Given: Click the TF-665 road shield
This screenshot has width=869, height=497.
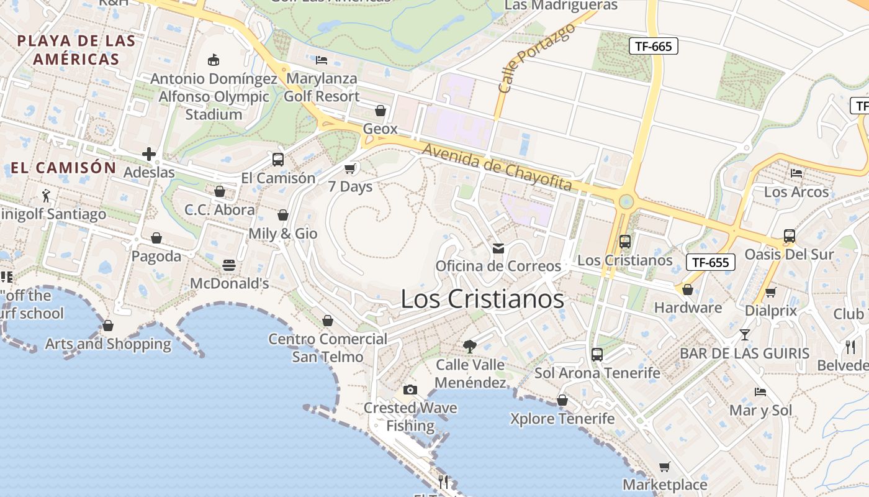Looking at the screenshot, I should (x=654, y=46).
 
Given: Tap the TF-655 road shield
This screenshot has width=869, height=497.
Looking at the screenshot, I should (x=711, y=262).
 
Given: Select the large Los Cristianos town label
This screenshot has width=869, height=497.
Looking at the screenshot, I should (x=482, y=299).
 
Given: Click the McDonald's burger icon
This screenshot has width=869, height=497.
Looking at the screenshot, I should (x=229, y=265).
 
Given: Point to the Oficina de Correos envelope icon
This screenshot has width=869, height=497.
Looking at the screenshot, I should (x=498, y=248).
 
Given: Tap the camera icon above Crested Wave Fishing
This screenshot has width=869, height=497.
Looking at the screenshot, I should (x=410, y=390).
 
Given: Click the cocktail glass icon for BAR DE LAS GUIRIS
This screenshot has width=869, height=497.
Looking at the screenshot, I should (x=745, y=335).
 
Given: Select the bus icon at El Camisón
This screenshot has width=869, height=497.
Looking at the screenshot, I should (x=278, y=160).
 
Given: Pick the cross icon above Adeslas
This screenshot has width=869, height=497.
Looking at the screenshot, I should (x=148, y=154).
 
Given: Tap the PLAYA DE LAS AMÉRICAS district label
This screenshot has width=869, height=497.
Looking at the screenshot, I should (x=76, y=50).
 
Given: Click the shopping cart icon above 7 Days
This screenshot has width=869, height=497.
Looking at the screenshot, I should (x=350, y=168).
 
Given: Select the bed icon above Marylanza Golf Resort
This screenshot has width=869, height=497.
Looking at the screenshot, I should (x=322, y=60).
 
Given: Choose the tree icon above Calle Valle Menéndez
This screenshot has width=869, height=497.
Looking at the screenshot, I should (x=470, y=346).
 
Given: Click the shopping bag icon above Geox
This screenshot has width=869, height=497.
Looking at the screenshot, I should (x=380, y=111).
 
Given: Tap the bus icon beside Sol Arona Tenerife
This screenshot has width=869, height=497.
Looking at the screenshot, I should (x=597, y=355).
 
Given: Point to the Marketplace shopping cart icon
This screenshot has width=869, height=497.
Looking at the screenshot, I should (x=665, y=467).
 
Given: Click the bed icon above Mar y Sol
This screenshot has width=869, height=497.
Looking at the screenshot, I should (x=760, y=392).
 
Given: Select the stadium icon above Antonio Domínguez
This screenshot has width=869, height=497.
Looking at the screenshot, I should (x=214, y=60).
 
